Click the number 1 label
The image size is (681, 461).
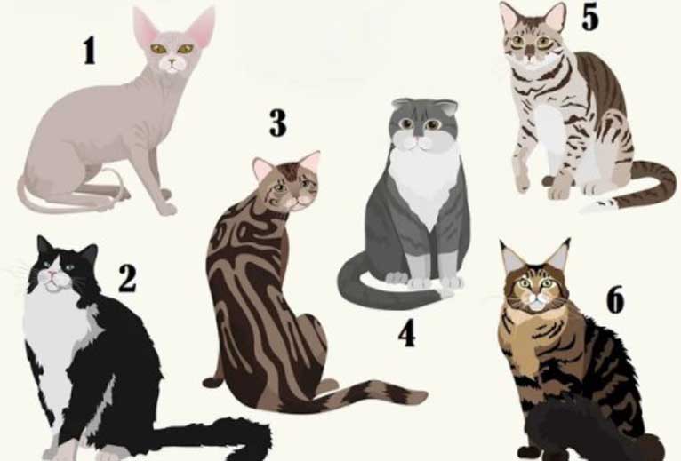click(x=90, y=51)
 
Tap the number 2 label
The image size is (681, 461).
click(x=127, y=279)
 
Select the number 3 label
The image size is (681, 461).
click(x=278, y=123)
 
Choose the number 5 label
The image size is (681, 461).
click(x=590, y=18)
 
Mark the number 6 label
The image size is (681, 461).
click(x=615, y=299)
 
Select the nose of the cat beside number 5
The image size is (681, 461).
click(x=530, y=54)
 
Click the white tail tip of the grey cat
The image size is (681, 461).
click(x=446, y=294)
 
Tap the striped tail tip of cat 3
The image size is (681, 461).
click(x=418, y=396)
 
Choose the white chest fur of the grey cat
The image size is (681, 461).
click(x=423, y=182)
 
